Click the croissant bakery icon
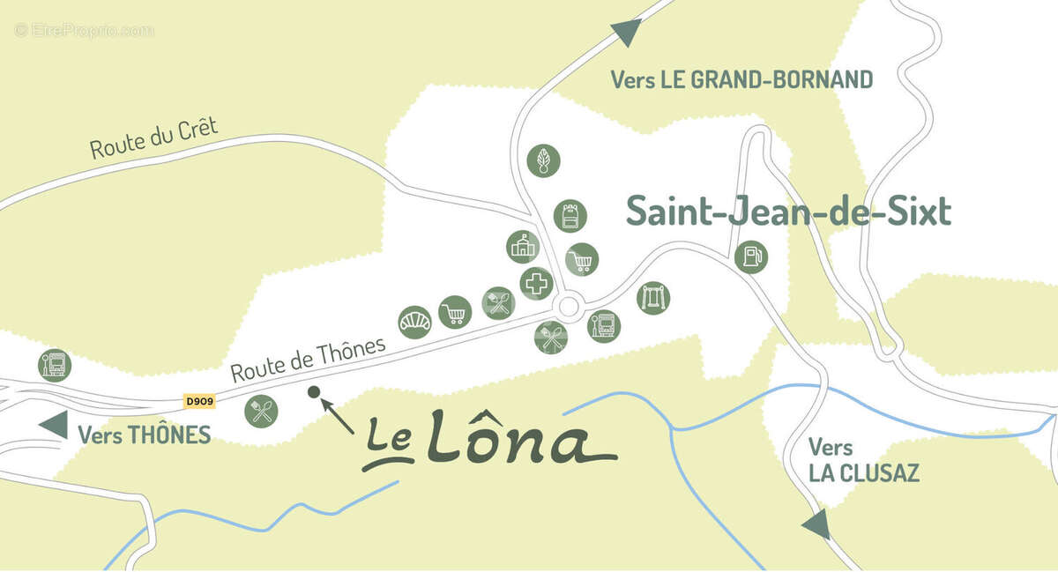(414, 322)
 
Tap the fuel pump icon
(751, 256)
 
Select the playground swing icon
(653, 297)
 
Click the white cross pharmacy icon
(536, 284)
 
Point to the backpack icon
(570, 215)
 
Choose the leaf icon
(543, 160)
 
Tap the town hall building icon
(523, 247)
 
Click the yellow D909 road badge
(200, 402)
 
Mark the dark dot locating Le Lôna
(312, 392)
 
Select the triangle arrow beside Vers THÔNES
(53, 424)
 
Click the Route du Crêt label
(153, 139)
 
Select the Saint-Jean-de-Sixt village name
(788, 212)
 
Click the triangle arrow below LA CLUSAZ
(816, 524)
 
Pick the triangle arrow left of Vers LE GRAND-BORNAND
(627, 33)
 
